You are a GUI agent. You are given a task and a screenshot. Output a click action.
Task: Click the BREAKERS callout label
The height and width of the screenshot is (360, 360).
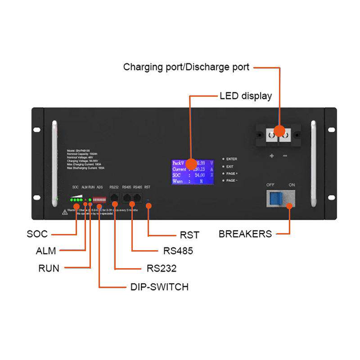(x=245, y=234)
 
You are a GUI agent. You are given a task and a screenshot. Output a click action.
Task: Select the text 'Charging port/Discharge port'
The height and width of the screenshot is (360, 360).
(x=186, y=67)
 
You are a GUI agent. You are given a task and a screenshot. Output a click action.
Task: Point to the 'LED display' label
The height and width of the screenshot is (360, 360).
(x=246, y=96)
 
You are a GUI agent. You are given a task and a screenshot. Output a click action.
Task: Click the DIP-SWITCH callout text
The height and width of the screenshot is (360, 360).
(x=159, y=287)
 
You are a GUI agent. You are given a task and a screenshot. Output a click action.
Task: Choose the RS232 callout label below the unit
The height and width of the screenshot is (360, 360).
(x=162, y=269)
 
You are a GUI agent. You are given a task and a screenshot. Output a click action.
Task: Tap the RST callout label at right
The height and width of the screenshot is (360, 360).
(x=189, y=235)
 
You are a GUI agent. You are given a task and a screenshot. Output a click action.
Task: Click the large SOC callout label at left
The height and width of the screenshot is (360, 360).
(x=37, y=234)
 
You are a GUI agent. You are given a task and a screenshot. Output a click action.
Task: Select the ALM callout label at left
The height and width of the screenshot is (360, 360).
(x=46, y=251)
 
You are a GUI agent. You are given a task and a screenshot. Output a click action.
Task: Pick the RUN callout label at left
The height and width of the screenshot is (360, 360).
(x=49, y=269)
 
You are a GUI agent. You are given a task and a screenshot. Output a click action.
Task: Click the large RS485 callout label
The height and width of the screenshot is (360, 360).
(x=178, y=251)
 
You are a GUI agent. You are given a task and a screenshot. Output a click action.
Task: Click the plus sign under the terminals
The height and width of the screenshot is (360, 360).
(x=272, y=156)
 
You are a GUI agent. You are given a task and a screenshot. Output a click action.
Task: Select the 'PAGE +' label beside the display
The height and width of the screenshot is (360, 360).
(x=232, y=173)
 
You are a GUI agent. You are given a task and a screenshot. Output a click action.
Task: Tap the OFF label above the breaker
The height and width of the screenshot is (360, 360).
(x=270, y=184)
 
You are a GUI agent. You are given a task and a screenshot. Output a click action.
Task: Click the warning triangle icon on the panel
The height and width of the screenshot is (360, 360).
(x=65, y=212)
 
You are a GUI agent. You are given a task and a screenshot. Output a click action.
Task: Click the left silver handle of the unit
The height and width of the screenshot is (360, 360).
(x=55, y=160)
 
